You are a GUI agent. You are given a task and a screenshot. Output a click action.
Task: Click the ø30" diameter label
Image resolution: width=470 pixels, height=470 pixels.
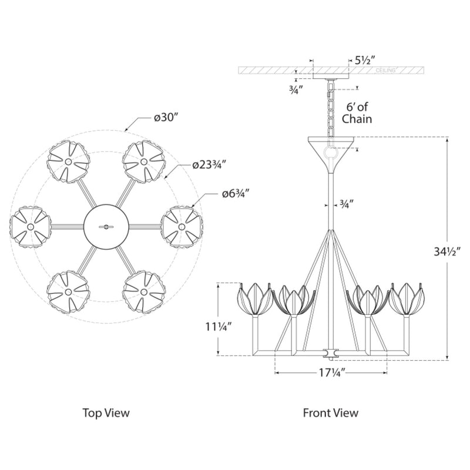(x=166, y=117)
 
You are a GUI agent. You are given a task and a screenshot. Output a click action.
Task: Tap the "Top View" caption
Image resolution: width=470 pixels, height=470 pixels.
(x=106, y=412)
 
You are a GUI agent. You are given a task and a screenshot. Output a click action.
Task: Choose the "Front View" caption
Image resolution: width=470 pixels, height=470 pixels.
(x=330, y=412)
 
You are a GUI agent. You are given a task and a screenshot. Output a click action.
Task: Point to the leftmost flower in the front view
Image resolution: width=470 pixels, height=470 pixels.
(x=254, y=298)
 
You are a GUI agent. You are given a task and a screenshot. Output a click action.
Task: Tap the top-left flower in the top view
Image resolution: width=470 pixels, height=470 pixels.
(x=68, y=161)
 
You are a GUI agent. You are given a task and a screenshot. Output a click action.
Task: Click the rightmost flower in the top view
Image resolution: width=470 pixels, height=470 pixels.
(x=182, y=226)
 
